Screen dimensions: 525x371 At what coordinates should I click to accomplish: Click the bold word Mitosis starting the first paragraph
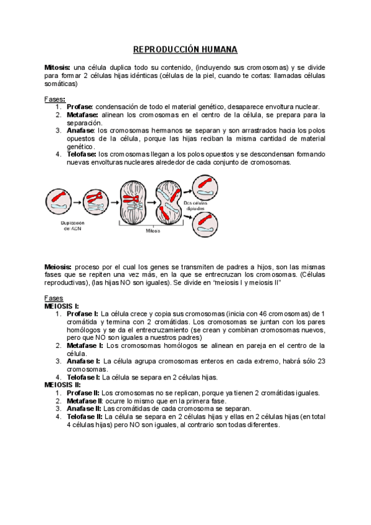coord(58,67)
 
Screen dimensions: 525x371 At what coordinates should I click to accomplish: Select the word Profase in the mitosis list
coord(80,106)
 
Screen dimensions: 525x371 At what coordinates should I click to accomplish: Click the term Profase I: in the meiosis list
coord(83,314)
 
